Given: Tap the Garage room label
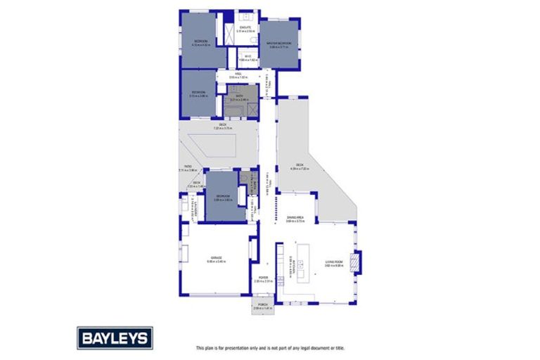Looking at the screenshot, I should tap(216, 260).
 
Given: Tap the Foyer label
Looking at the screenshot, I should tap(262, 279).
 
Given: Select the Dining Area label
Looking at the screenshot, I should tap(295, 220).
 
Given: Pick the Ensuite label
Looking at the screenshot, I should tap(244, 30).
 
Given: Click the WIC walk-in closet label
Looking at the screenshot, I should tap(248, 58).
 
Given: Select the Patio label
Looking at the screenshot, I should tap(184, 168).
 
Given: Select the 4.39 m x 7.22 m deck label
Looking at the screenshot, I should tap(300, 167).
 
